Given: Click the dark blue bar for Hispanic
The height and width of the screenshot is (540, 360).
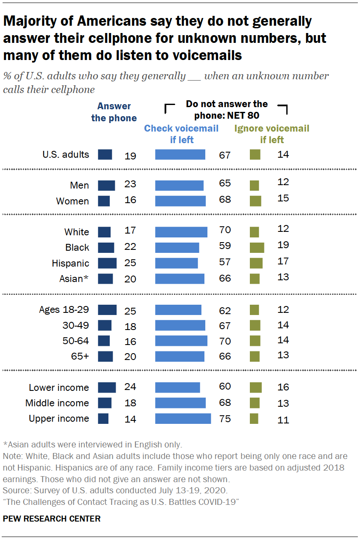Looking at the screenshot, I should coord(107,263).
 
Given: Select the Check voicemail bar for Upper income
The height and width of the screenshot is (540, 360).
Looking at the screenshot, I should coord(183,419).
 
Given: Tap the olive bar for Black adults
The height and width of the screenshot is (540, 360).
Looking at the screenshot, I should coord(257,247).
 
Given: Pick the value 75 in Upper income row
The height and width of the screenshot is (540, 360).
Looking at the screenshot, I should coord(225,419).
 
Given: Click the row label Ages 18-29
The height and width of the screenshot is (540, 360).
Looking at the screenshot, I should coord(64,309).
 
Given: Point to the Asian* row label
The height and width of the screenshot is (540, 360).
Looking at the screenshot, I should coord(74,279).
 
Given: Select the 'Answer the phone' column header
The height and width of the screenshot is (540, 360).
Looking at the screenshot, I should coord(114,112).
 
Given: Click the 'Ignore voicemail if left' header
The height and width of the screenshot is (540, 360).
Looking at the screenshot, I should coord(272,134).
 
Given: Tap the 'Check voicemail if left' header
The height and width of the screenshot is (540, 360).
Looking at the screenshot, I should coord(181,134).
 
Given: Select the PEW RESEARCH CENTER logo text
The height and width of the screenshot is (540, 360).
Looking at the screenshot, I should coord(52,519).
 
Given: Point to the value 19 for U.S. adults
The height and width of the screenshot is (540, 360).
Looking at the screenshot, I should coord(130,155).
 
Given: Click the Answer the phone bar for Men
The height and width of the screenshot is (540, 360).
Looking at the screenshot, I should coord(106,186).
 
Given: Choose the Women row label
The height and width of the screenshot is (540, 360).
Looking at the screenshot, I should coord(73,201).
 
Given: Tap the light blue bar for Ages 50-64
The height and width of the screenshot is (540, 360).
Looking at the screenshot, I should coord(181,341).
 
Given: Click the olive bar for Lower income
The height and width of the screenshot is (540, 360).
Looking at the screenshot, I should coord(256,387).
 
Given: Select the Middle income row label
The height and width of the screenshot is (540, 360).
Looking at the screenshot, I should coord(57,403).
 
